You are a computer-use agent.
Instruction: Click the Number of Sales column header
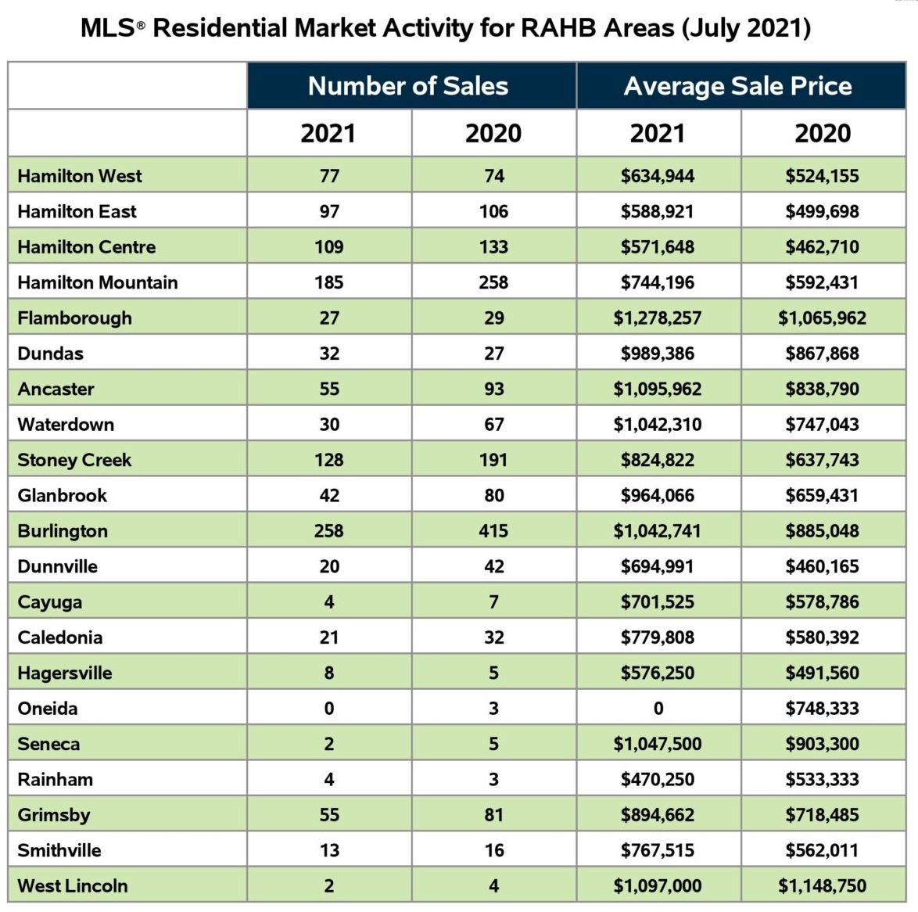[x=408, y=86]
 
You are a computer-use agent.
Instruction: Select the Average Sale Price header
[x=737, y=86]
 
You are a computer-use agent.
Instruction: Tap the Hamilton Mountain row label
[x=98, y=282]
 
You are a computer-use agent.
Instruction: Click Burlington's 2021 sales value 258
[x=329, y=530]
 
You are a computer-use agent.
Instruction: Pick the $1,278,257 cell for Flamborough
[x=658, y=318]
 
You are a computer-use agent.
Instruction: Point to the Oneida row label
[x=48, y=708]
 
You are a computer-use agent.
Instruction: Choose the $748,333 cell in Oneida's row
[x=823, y=708]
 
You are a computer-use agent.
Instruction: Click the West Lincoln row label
[x=73, y=885]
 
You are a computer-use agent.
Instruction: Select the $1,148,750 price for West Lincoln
[x=823, y=885]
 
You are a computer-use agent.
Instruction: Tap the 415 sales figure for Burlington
[x=493, y=530]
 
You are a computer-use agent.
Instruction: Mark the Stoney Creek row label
[x=74, y=461]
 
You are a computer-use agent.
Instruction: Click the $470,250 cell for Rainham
[x=658, y=779]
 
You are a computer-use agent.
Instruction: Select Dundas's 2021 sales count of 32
[x=329, y=354]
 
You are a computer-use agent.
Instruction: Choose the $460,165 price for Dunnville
[x=823, y=566]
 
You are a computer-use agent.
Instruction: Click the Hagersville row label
[x=65, y=673]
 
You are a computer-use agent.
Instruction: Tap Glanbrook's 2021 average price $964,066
[x=658, y=496]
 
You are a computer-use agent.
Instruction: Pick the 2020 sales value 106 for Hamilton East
[x=493, y=211]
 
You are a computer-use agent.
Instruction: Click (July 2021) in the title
[x=747, y=29]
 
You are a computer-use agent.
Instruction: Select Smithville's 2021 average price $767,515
[x=658, y=850]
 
